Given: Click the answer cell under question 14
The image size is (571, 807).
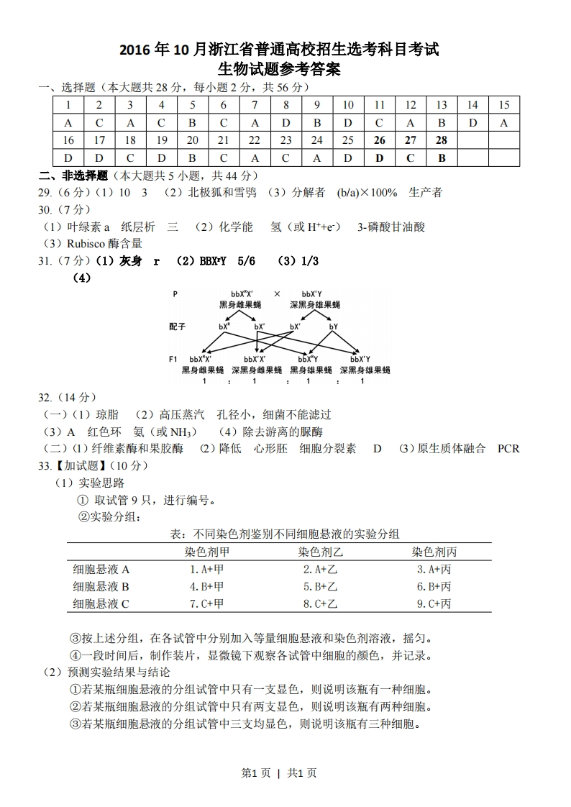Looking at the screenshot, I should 472,123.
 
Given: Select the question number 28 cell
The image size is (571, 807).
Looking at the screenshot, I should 442,140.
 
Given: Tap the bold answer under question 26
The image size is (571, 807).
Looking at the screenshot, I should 380,158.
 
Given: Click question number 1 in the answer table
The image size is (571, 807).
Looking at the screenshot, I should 68,105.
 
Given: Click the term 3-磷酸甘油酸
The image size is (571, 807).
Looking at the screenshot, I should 391,227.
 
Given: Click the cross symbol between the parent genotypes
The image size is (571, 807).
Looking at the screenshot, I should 277,294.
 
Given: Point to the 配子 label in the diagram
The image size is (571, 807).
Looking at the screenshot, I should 178,326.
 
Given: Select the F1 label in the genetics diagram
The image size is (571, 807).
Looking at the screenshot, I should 174,358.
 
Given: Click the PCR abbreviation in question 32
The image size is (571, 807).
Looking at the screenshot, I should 508,448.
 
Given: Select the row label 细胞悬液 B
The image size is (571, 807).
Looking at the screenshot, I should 101,586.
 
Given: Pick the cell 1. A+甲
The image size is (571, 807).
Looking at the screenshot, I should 207,569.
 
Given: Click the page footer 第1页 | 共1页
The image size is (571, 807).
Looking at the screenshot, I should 279,773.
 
